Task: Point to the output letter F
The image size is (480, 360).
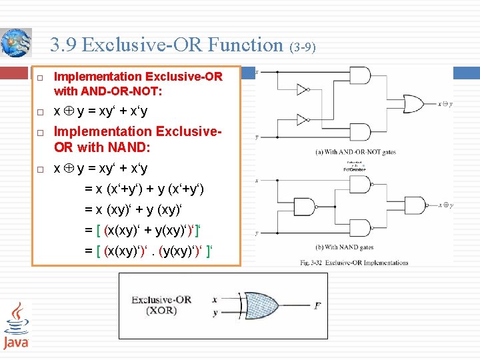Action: [317, 306]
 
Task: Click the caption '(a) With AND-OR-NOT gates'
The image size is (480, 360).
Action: [355, 152]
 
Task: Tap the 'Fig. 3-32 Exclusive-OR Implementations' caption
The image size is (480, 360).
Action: [354, 262]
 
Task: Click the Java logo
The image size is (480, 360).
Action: [16, 327]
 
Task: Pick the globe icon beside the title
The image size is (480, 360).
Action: [16, 43]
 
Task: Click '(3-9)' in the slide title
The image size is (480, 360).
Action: [303, 47]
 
